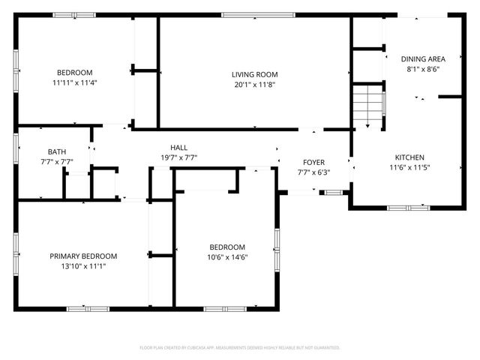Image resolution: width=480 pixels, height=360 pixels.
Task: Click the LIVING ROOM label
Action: point(254,74)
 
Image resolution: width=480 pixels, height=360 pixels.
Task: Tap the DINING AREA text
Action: point(423,58)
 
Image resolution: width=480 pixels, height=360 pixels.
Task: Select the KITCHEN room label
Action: point(410,157)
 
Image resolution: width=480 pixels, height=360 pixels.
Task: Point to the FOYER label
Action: point(313,163)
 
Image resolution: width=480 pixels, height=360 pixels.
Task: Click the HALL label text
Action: point(178,148)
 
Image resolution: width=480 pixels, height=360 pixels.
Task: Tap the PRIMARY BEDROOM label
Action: point(83,256)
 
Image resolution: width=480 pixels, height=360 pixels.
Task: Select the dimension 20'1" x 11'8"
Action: point(254,84)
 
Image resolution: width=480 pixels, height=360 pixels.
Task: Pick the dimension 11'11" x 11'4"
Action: point(73,82)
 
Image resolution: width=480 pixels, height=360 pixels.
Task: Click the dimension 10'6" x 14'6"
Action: point(227,257)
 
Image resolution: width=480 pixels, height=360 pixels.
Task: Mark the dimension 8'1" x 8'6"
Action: point(423,68)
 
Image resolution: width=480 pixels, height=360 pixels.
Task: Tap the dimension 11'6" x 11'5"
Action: point(410,167)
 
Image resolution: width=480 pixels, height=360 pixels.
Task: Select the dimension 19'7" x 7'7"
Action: point(178,157)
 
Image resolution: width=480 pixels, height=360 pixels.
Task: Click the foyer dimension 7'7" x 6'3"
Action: point(313,172)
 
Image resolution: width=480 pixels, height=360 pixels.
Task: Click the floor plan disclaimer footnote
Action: point(240,347)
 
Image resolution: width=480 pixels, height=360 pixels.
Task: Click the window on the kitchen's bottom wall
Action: point(409,207)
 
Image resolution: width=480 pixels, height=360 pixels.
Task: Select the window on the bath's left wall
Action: point(16,148)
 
